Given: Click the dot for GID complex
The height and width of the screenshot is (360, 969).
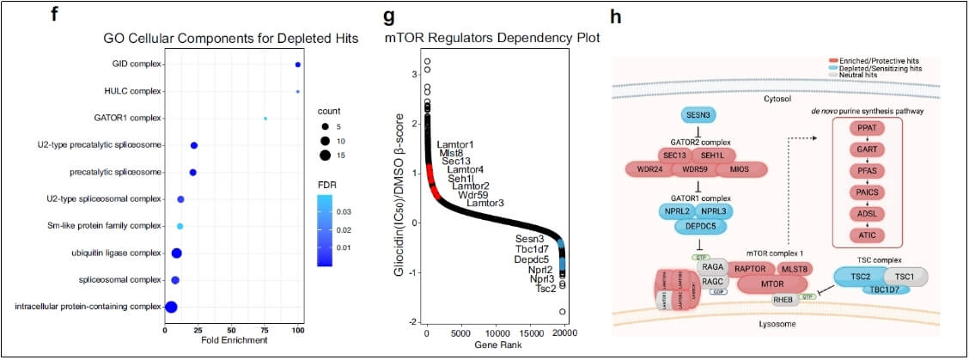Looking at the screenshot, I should [x=297, y=64].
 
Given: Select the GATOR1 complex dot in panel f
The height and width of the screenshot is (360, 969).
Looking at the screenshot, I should [x=265, y=119].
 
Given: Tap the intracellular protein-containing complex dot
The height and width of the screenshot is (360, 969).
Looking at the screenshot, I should [x=171, y=307].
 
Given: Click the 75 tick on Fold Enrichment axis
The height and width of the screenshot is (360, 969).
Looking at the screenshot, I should [x=265, y=329].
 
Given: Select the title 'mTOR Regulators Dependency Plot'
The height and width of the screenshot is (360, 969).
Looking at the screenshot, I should [x=491, y=39].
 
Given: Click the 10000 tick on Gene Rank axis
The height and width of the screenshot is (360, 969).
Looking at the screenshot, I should [x=496, y=333].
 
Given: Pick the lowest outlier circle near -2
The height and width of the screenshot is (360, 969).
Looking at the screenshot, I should [x=563, y=312].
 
